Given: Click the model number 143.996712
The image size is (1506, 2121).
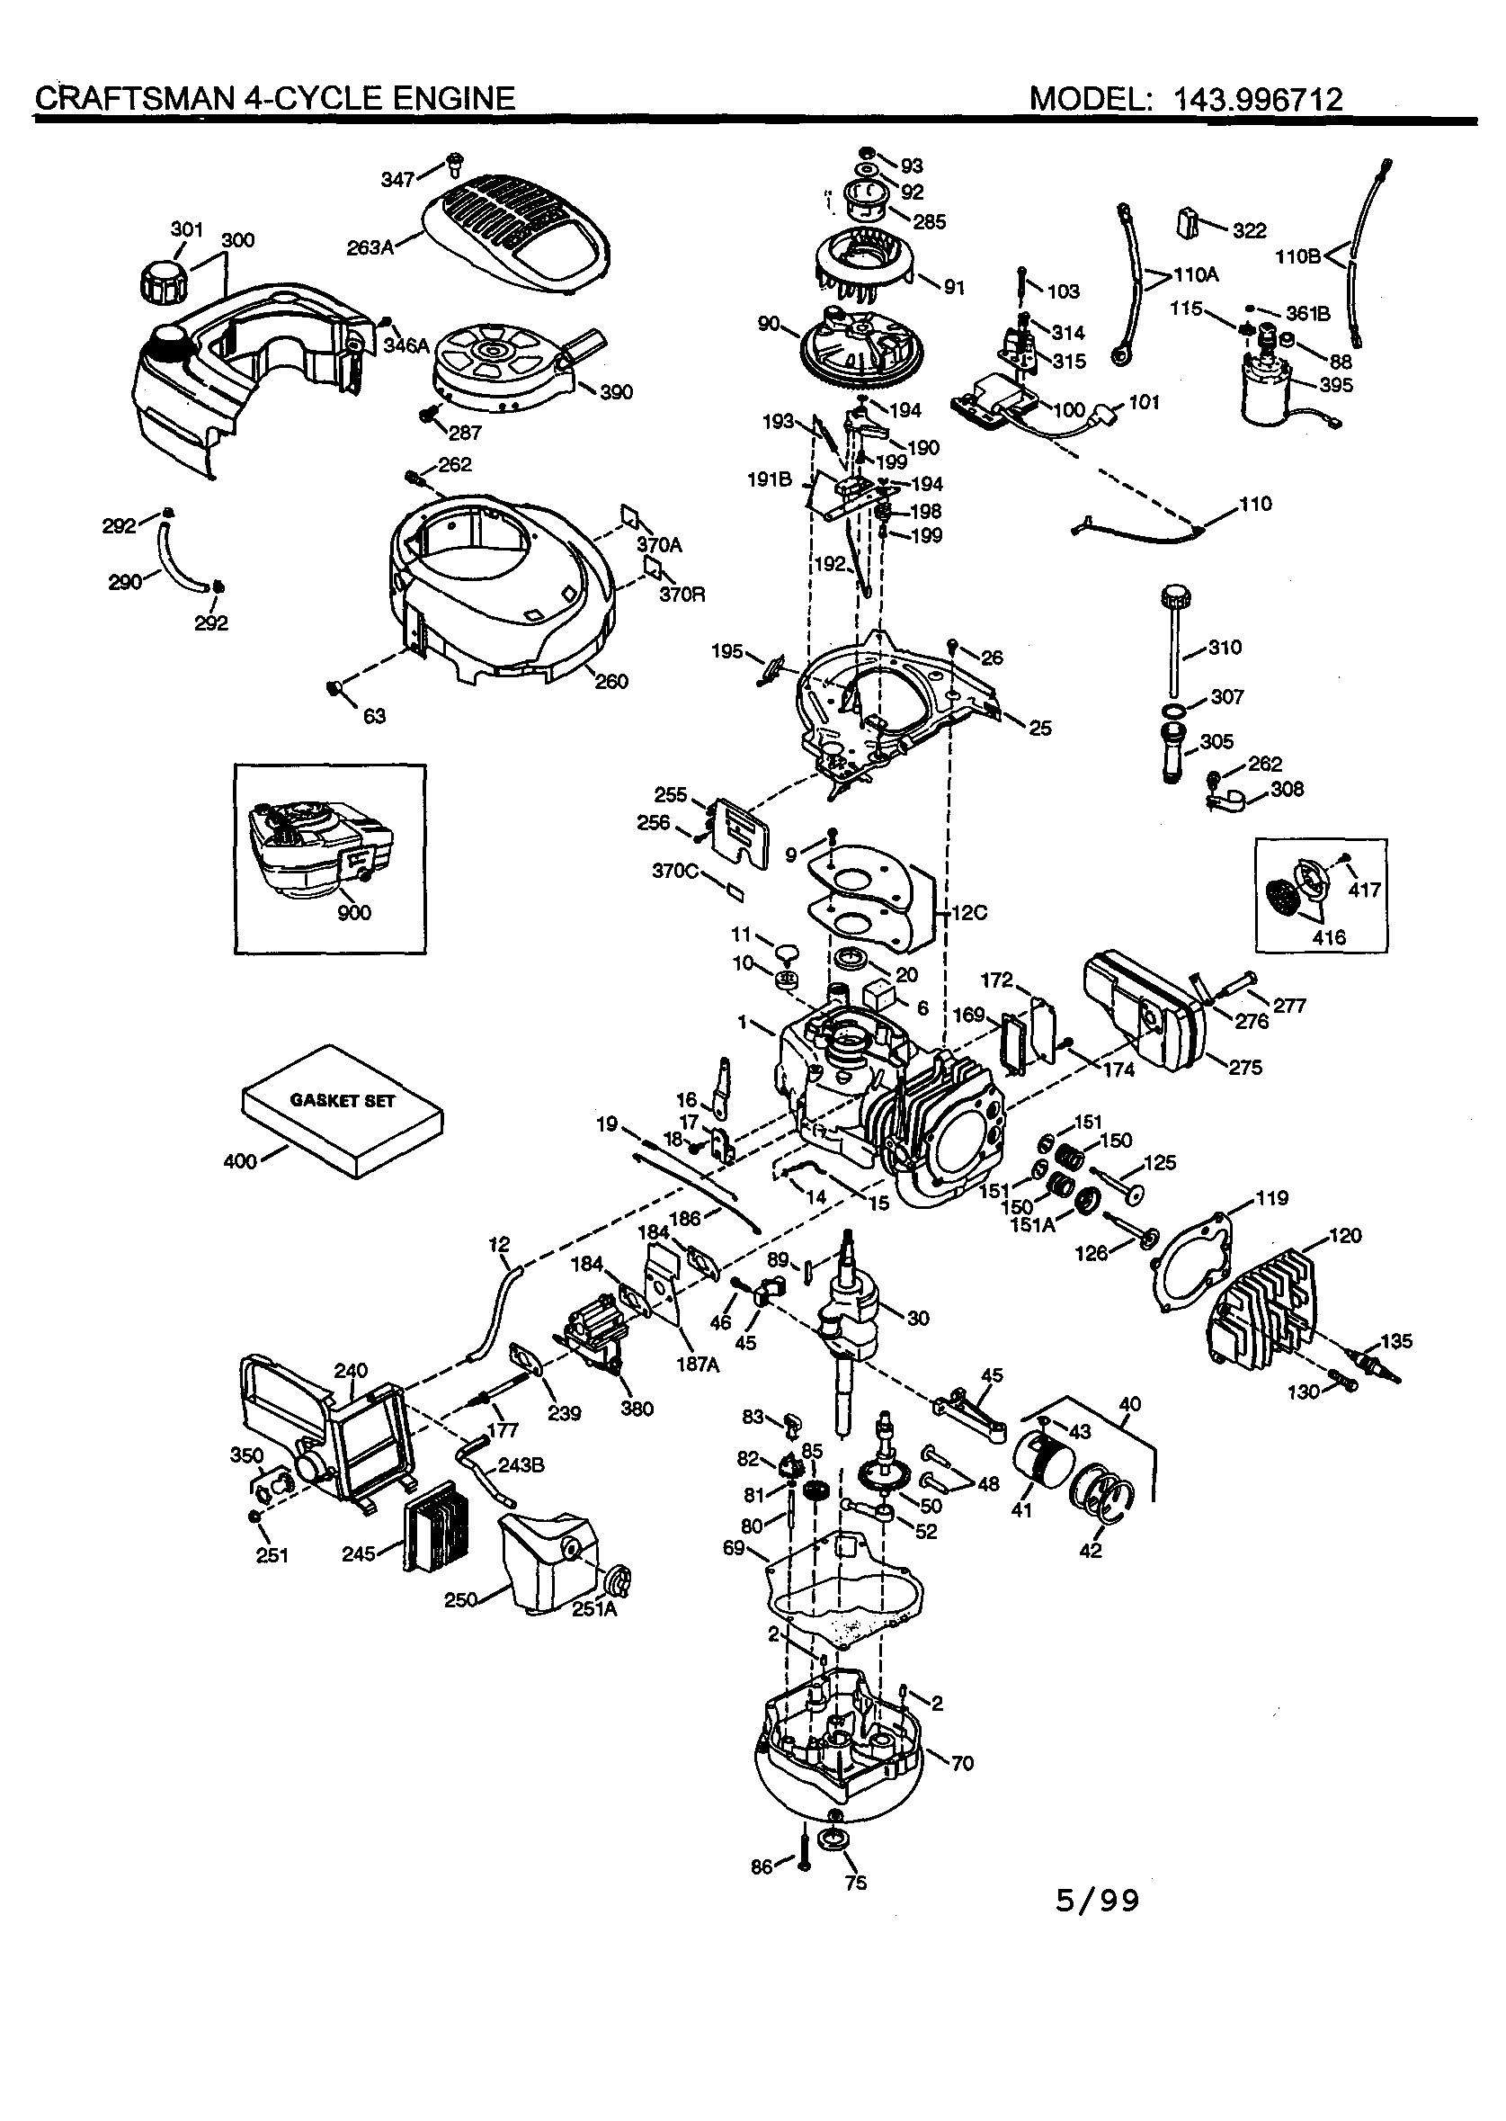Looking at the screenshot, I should [1258, 99].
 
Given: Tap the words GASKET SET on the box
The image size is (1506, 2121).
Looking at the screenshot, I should [343, 1101].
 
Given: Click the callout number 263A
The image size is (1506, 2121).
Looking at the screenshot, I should [369, 247].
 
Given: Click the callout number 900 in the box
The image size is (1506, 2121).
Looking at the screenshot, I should [353, 913].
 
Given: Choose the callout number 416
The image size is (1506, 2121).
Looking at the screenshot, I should [1329, 937].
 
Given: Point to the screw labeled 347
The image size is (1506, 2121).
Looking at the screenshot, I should [454, 165].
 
